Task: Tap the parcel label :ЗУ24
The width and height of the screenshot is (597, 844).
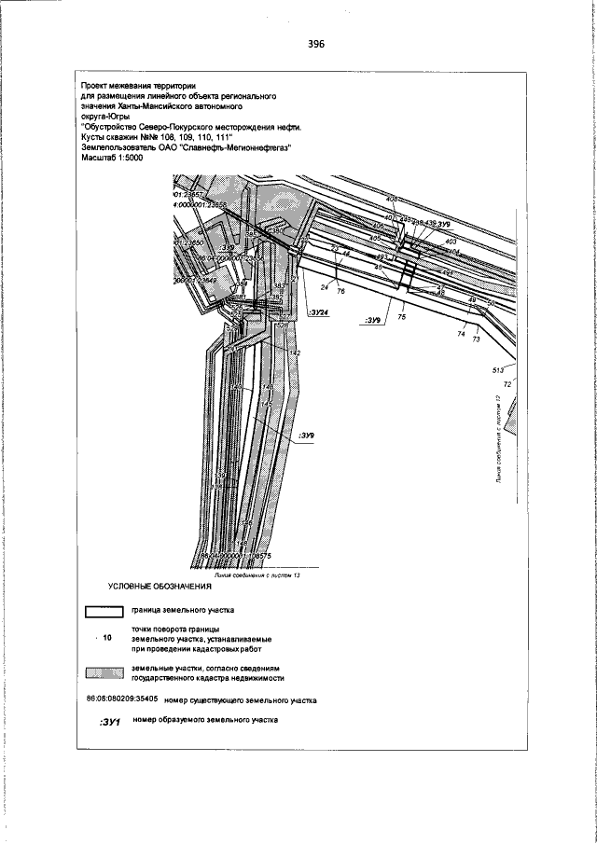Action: click(318, 314)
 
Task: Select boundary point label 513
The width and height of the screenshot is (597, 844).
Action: click(498, 370)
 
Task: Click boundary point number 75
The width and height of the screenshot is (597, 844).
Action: click(402, 317)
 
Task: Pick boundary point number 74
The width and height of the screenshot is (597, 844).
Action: click(461, 333)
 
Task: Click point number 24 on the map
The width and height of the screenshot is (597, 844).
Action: click(326, 287)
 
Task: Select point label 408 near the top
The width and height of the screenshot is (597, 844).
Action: click(391, 200)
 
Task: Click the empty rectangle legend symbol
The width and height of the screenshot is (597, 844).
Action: click(104, 611)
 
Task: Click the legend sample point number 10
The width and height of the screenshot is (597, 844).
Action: click(105, 639)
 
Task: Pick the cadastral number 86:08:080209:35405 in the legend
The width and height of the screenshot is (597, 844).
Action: click(120, 699)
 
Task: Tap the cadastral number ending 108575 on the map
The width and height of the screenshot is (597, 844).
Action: click(232, 556)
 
